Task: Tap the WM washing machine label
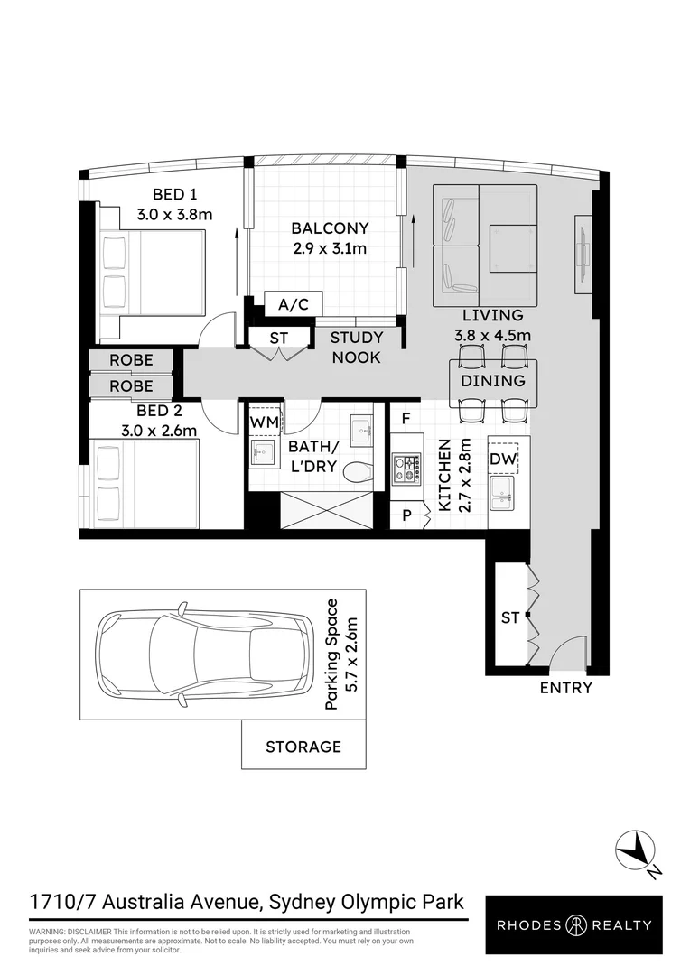tap(264, 422)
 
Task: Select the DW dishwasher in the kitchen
tap(502, 460)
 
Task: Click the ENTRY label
tap(566, 688)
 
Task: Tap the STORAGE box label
tap(303, 747)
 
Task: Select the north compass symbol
tap(639, 851)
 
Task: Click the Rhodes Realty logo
tap(574, 924)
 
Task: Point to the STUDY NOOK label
tap(357, 348)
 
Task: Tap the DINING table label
tap(493, 381)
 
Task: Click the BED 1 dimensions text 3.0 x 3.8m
tap(174, 215)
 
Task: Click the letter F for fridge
tap(407, 418)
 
